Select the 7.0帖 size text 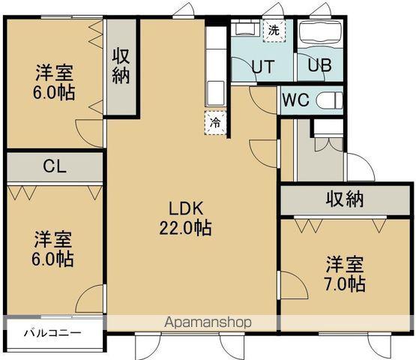tap(346, 284)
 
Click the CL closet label tap(52, 166)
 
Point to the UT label tap(262, 66)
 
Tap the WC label tap(295, 100)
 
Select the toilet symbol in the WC tap(328, 100)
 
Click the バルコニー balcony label tap(52, 332)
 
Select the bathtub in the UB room tap(320, 34)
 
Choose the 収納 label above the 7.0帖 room tap(345, 200)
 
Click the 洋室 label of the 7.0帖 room tap(345, 265)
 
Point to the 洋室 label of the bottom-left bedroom tap(53, 241)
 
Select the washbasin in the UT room tap(244, 31)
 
